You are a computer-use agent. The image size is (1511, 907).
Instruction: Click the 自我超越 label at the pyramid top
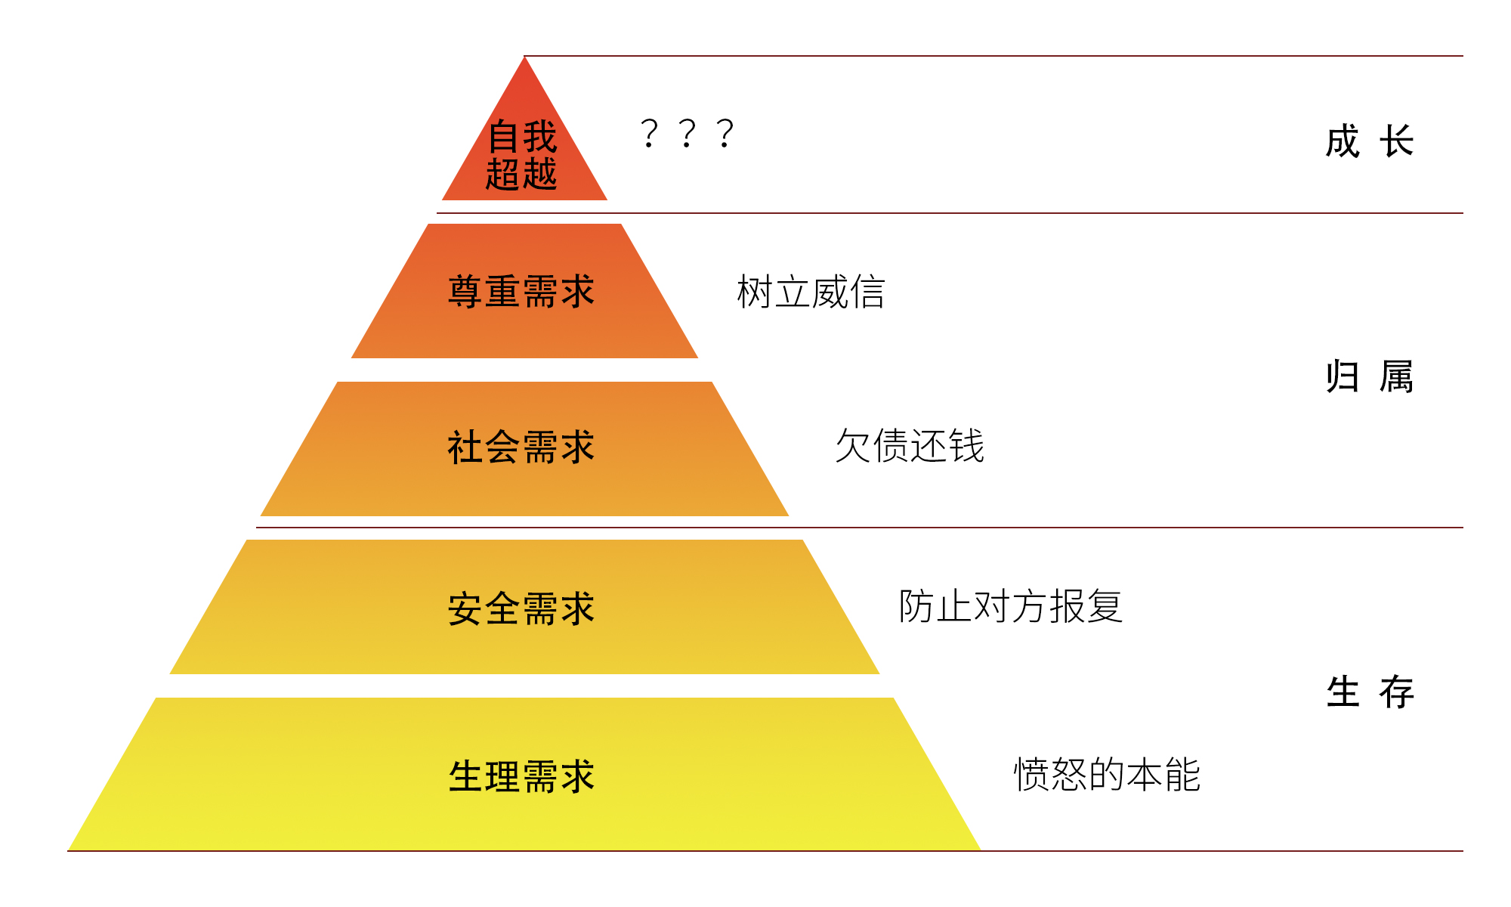[521, 155]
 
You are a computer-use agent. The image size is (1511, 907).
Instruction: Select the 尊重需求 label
[521, 292]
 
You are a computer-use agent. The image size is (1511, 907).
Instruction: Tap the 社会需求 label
[521, 447]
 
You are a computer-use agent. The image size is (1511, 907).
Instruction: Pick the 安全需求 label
[521, 609]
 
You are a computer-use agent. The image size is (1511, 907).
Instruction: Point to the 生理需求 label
[521, 777]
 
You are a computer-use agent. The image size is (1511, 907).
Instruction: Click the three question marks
[687, 134]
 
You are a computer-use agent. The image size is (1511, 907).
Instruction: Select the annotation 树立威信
[811, 293]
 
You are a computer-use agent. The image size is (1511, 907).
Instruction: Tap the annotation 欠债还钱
[910, 446]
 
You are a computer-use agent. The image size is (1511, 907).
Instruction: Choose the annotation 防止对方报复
[1011, 606]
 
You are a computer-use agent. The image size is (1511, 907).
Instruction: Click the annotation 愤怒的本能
[1107, 775]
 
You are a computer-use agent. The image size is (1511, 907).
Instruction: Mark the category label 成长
[1369, 142]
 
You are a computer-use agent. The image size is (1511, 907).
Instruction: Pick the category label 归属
[1369, 376]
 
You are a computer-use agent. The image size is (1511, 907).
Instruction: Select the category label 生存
[1369, 692]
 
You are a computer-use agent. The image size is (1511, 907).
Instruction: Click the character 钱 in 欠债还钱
[967, 446]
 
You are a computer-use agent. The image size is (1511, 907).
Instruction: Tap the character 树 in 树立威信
[755, 293]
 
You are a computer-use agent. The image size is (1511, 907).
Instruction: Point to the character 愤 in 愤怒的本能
[1031, 775]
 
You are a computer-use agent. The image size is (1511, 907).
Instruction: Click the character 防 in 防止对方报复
[916, 606]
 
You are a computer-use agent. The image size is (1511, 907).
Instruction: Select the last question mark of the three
[725, 134]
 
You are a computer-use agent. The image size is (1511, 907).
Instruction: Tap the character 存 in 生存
[1396, 692]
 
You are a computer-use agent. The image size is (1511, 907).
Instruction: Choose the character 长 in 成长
[1396, 142]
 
